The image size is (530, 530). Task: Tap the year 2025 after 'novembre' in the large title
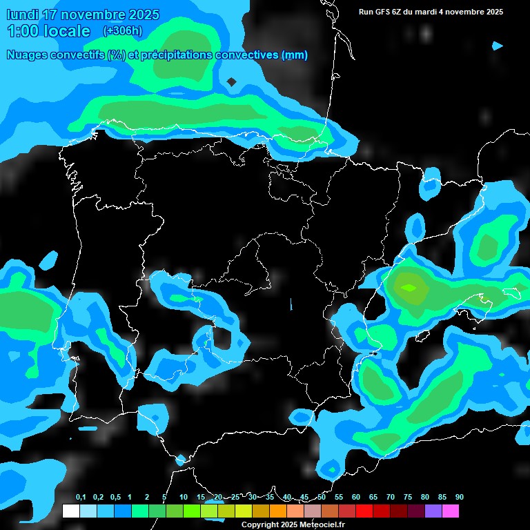click(141, 14)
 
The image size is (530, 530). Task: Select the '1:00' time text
click(22, 31)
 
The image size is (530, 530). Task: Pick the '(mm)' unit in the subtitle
click(295, 55)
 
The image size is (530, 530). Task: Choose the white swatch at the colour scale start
click(70, 511)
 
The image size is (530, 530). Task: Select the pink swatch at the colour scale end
click(451, 511)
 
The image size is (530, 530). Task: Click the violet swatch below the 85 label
click(433, 511)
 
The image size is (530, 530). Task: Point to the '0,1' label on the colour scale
click(81, 497)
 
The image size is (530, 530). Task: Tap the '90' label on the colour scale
click(459, 497)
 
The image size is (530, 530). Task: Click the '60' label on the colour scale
click(355, 497)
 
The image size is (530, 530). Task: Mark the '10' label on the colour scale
click(183, 497)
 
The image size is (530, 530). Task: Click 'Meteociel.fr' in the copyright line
click(322, 524)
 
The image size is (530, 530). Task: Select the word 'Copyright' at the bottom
click(259, 524)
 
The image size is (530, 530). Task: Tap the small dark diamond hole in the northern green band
click(232, 82)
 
